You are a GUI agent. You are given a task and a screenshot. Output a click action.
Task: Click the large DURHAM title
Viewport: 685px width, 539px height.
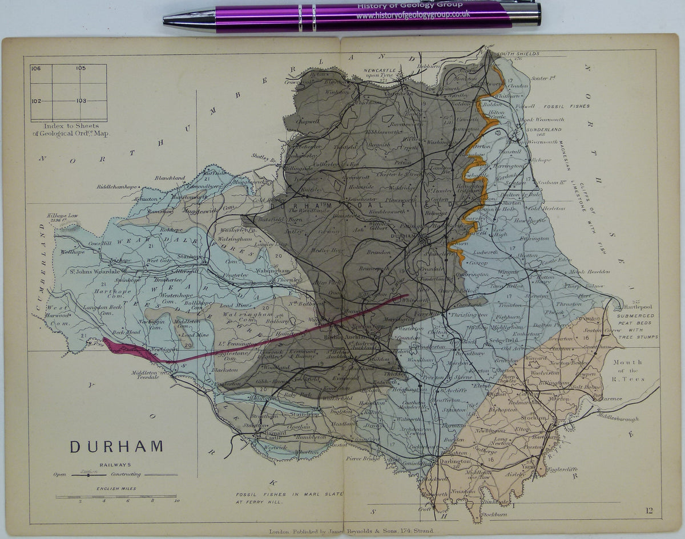116,446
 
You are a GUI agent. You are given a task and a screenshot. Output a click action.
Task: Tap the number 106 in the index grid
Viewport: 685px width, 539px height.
36,68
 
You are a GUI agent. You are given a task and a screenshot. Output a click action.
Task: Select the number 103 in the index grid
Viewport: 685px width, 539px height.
81,100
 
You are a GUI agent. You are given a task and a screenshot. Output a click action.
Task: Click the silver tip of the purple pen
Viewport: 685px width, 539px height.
171,19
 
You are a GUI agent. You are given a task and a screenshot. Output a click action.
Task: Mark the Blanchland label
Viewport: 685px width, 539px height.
170,178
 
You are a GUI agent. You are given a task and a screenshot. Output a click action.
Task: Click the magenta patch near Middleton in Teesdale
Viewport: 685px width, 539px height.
126,348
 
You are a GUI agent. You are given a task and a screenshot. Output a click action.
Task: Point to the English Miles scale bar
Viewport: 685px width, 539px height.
116,497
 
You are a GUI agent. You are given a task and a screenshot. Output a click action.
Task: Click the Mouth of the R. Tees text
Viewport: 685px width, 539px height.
628,370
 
